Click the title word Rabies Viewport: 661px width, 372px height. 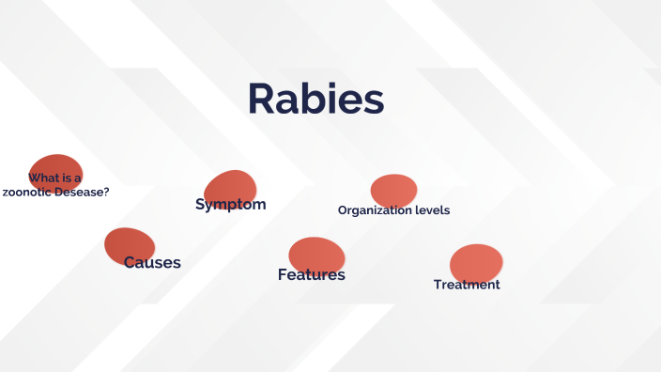pyautogui.click(x=315, y=100)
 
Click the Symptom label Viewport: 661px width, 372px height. pyautogui.click(x=230, y=204)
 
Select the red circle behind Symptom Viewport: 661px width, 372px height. pyautogui.click(x=230, y=185)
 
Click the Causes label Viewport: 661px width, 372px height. pyautogui.click(x=152, y=262)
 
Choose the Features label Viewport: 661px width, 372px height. pyautogui.click(x=311, y=274)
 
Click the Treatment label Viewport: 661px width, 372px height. pyautogui.click(x=467, y=285)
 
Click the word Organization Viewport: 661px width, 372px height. pyautogui.click(x=374, y=210)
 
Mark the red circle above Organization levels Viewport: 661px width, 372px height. pyautogui.click(x=393, y=190)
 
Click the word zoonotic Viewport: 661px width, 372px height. pyautogui.click(x=29, y=192)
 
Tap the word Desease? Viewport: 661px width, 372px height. pyautogui.click(x=83, y=192)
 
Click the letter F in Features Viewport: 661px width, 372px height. pyautogui.click(x=283, y=274)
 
